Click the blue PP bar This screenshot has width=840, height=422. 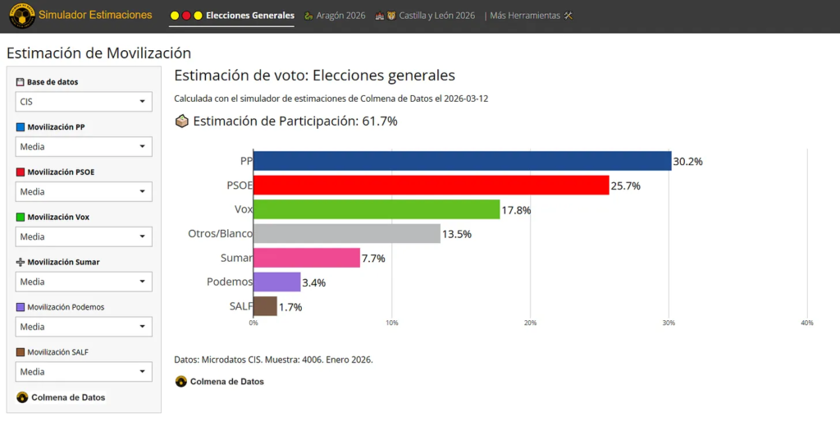pos(462,162)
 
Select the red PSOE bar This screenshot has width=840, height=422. pos(431,186)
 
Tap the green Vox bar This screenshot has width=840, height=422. pos(377,209)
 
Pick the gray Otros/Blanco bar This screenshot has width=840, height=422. pos(346,234)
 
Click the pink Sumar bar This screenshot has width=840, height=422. pos(306,258)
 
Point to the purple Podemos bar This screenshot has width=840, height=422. pos(276,282)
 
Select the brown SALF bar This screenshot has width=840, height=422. pos(265,306)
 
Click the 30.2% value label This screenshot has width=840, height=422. pos(687,162)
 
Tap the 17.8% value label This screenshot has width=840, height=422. pos(516,210)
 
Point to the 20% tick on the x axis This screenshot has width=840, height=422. pos(530,323)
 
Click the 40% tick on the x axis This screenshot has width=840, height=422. pos(806,323)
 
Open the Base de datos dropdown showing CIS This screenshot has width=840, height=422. pos(84,102)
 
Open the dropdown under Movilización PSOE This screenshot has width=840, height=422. pos(84,191)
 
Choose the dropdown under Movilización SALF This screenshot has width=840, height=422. pos(84,372)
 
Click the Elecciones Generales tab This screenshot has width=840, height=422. pos(249,16)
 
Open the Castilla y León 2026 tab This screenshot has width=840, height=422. pos(431,16)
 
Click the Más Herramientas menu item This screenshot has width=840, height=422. pos(530,16)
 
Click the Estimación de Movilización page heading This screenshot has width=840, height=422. pos(98,53)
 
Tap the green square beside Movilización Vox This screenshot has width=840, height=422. pos(21,217)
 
